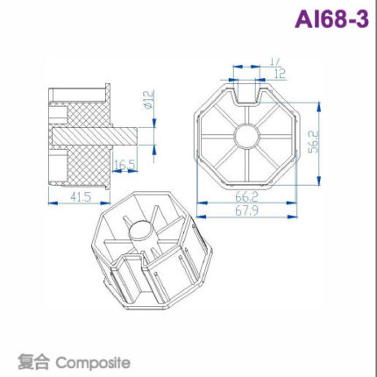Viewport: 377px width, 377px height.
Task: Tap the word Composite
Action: pos(92,361)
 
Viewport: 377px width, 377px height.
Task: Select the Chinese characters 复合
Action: pos(33,361)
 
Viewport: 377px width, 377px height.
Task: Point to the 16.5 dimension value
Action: pos(124,164)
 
